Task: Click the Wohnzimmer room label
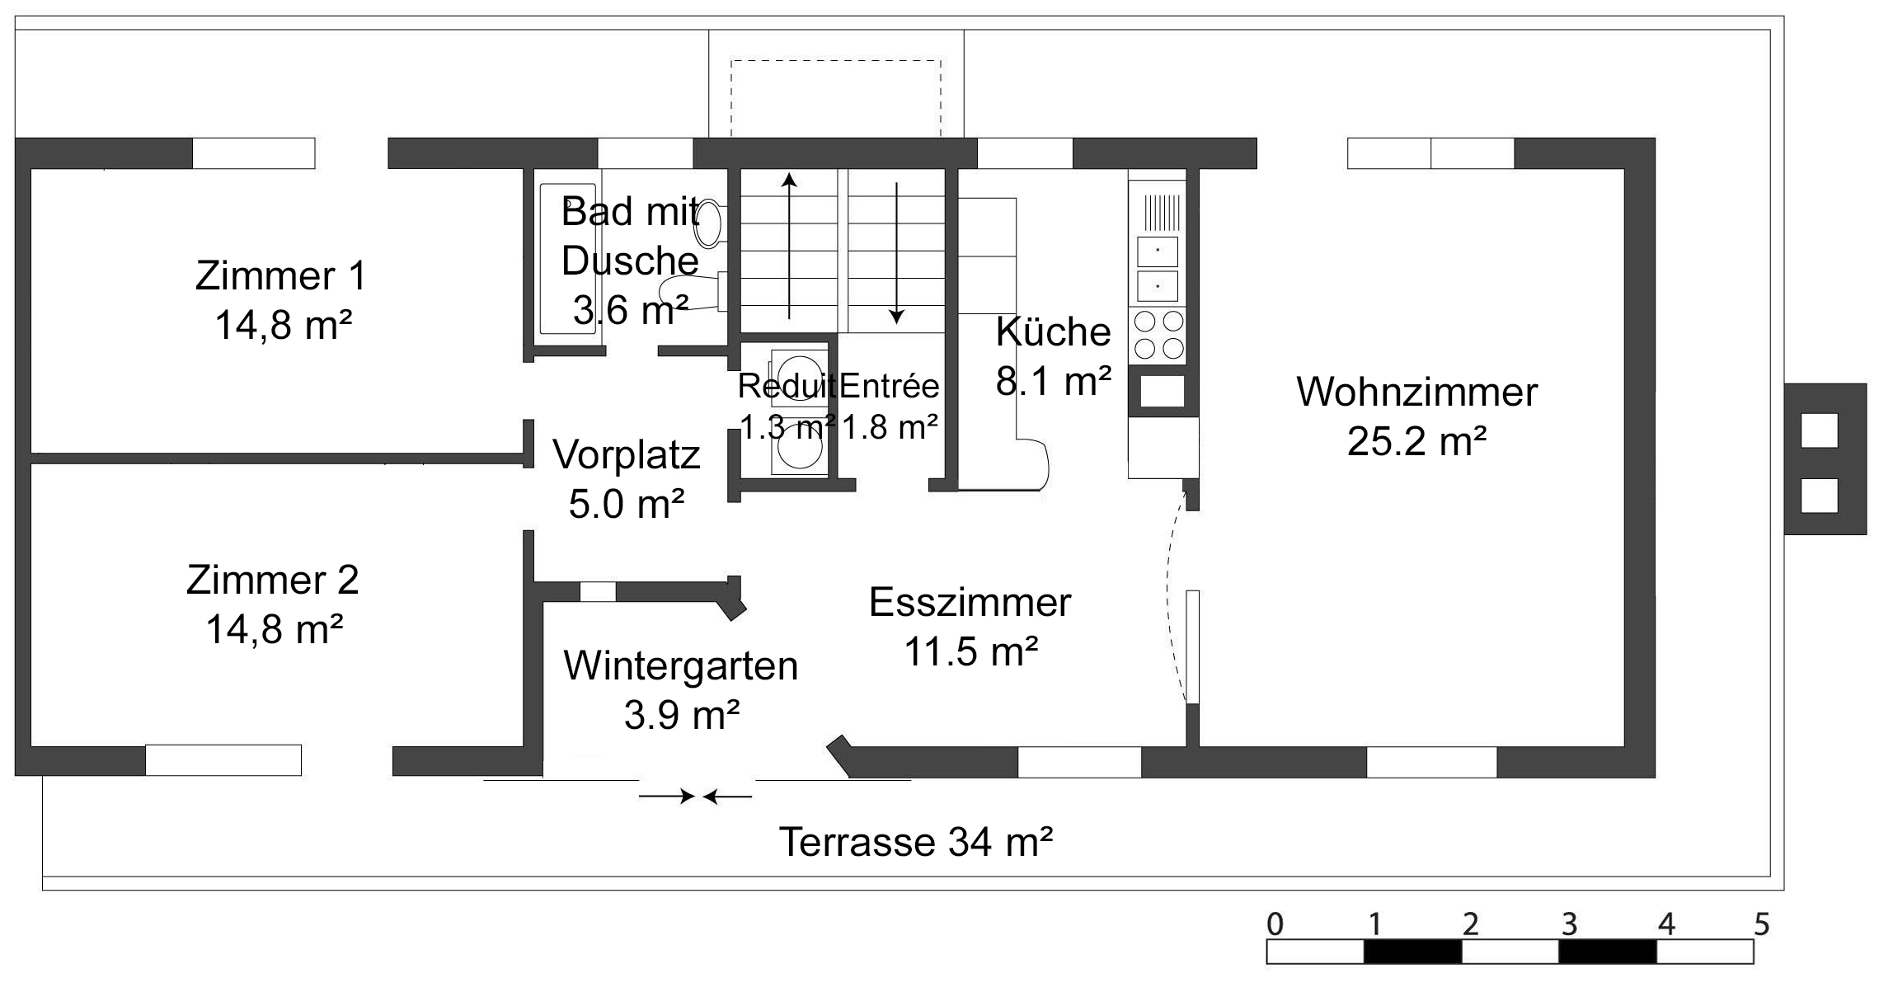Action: (x=1416, y=393)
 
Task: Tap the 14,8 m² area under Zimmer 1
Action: (x=283, y=325)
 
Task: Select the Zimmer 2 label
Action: (x=272, y=580)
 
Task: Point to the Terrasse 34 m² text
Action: (x=915, y=842)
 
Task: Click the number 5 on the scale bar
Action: (x=1761, y=924)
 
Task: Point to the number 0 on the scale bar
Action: (x=1275, y=924)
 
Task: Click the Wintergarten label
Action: (x=680, y=665)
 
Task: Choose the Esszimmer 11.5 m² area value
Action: (x=970, y=651)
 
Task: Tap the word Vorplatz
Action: (x=626, y=454)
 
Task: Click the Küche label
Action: (x=1053, y=331)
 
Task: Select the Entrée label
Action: (x=889, y=386)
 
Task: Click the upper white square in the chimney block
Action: (x=1819, y=430)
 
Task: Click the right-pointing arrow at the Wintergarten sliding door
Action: (x=666, y=797)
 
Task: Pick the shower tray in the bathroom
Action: (x=567, y=259)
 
